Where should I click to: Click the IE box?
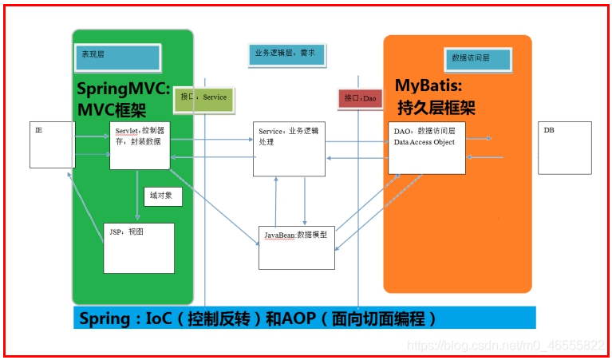[52, 144]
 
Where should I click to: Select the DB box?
[565, 147]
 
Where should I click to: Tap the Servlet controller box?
[140, 145]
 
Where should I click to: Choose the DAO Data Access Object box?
[427, 148]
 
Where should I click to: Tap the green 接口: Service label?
[203, 97]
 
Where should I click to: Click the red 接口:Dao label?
[361, 98]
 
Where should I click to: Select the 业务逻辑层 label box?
[284, 54]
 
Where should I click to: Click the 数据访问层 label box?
[477, 58]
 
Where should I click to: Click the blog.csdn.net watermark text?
[506, 345]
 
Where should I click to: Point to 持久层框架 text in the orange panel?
[436, 107]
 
